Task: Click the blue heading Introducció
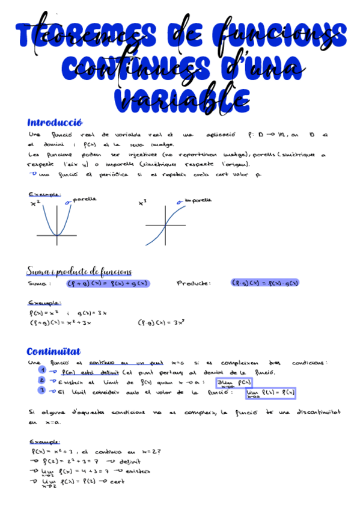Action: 54,122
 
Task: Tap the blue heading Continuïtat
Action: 53,351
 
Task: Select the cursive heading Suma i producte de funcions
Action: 79,272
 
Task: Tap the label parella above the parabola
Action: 84,199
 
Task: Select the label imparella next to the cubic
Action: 198,200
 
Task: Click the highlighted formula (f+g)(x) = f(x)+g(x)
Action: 108,283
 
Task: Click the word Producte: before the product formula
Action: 194,283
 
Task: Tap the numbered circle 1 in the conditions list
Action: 41,371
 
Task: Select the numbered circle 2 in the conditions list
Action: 41,381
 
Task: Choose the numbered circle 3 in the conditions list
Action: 41,390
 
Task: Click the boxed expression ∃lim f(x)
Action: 234,383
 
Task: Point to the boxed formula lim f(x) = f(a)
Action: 270,394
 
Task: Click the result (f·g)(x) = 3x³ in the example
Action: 161,322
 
